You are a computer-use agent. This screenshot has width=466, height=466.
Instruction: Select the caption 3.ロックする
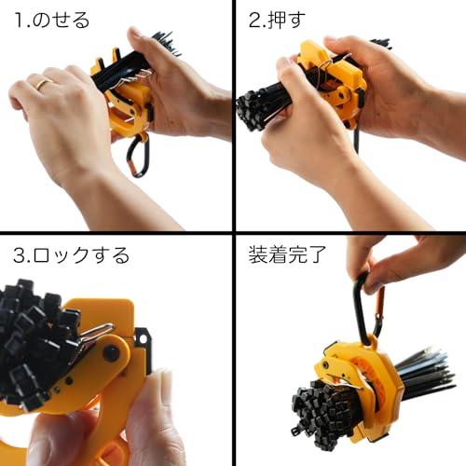(x=71, y=254)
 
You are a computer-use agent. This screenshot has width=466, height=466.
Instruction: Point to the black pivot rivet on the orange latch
(x=111, y=353)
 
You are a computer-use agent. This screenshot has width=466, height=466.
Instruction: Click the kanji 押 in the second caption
(x=279, y=19)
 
